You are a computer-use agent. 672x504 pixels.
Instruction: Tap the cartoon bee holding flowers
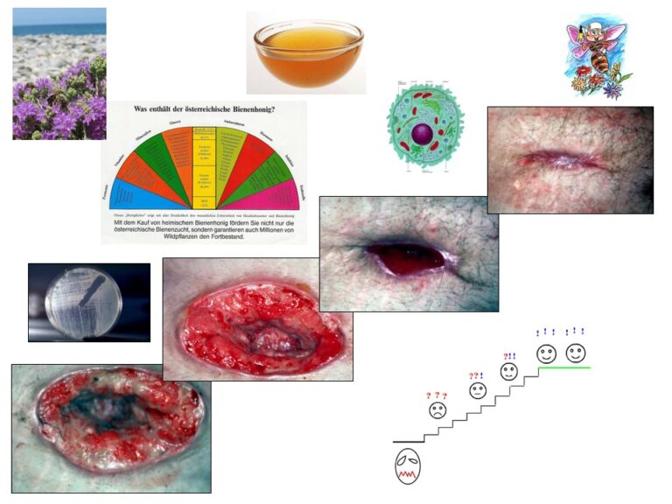click(596, 57)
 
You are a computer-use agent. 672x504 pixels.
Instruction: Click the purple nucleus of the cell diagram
click(423, 135)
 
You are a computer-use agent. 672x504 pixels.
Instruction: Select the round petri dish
click(87, 302)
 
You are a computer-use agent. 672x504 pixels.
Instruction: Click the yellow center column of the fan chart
click(204, 166)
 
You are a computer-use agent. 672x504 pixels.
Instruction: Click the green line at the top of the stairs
click(564, 367)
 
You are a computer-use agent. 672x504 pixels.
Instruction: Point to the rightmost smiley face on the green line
click(576, 353)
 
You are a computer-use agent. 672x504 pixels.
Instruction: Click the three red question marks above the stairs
click(436, 395)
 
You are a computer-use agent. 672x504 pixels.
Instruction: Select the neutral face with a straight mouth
click(478, 391)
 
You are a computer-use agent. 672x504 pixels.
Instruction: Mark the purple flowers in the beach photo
click(52, 101)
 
